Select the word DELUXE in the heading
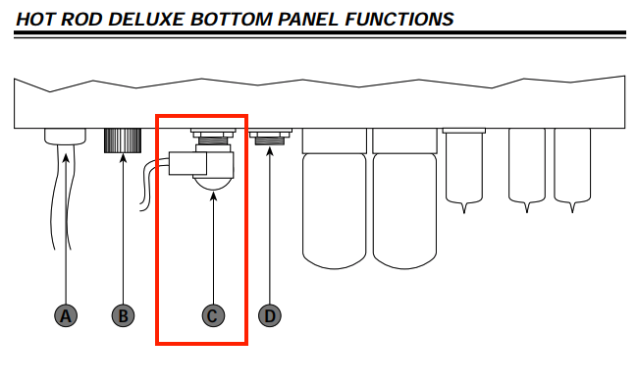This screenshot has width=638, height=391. click(x=146, y=19)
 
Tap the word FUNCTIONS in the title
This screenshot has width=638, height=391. click(x=399, y=19)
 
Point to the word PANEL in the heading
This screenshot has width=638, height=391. click(x=308, y=19)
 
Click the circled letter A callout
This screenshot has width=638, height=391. click(x=66, y=315)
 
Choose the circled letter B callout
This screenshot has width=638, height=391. click(x=123, y=315)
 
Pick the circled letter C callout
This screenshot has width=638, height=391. click(x=213, y=315)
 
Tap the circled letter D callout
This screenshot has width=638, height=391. click(x=270, y=315)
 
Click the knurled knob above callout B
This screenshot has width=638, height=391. click(x=123, y=140)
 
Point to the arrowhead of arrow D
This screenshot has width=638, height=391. click(x=270, y=151)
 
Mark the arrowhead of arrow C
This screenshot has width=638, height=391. click(x=213, y=196)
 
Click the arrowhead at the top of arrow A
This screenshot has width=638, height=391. click(x=66, y=158)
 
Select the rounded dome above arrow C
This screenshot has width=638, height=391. click(x=213, y=185)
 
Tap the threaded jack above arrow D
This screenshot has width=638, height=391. click(x=270, y=138)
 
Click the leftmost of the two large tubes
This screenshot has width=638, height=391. click(x=335, y=198)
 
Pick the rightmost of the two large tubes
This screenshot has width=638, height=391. click(x=404, y=198)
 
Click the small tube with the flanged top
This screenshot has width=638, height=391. click(x=464, y=171)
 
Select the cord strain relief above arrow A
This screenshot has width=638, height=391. click(x=65, y=137)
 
